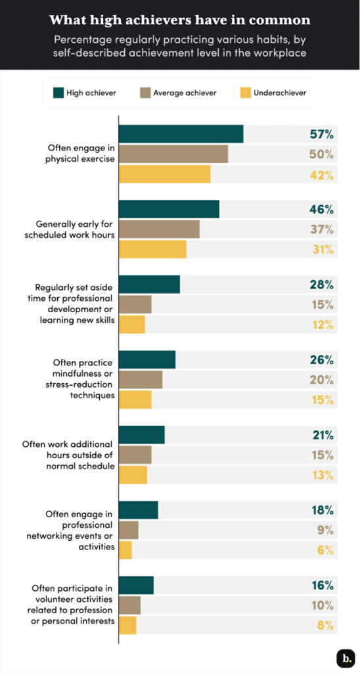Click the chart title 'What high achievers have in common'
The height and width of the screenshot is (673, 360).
(x=180, y=20)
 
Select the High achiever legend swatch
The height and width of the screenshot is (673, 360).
(x=58, y=93)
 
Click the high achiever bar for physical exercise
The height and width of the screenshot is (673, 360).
(x=181, y=134)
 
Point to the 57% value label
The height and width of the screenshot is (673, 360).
(x=322, y=134)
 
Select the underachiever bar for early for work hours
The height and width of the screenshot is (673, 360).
(x=152, y=250)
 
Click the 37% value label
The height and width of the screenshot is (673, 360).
(x=322, y=229)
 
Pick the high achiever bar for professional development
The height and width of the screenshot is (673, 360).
(x=149, y=285)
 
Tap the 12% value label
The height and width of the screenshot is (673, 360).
(x=322, y=325)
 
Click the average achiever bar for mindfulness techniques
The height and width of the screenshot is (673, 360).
(x=140, y=380)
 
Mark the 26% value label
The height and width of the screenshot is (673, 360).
(x=322, y=360)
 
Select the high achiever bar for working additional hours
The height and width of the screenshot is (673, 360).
(x=141, y=435)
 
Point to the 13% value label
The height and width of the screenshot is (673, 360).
(x=322, y=475)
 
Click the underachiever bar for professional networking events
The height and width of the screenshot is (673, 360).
(x=125, y=551)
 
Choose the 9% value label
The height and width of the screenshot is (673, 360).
(x=325, y=530)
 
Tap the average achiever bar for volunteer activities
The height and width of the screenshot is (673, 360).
(x=129, y=605)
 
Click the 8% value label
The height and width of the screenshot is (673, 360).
(x=325, y=626)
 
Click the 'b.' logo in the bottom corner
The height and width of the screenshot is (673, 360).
(x=345, y=658)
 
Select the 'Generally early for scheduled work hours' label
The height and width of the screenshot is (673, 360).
(x=75, y=229)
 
